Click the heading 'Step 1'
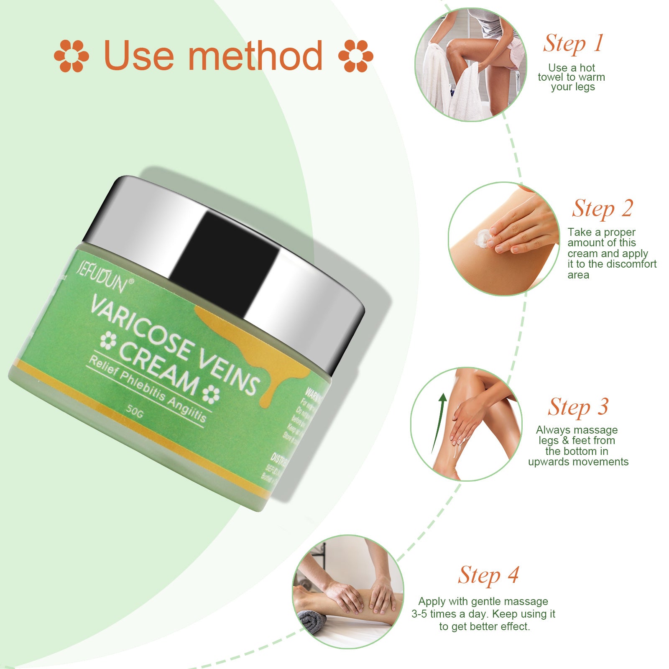point(573,43)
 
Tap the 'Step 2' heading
point(603,209)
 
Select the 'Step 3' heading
point(578,407)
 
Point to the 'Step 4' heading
point(488,575)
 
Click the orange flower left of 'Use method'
point(71,56)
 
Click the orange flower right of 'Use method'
point(355,56)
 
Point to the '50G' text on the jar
point(135,411)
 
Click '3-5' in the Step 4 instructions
point(419,614)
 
